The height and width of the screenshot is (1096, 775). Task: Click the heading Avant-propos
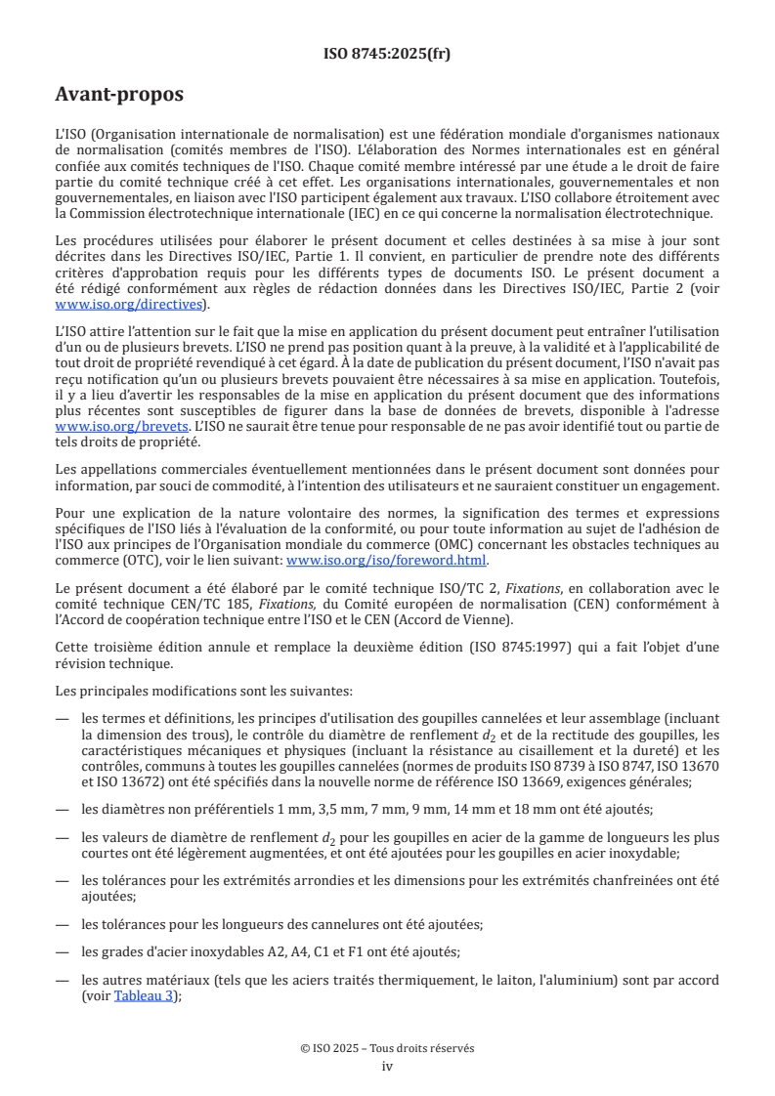coord(119,95)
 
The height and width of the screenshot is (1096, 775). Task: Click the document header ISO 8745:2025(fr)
coord(387,54)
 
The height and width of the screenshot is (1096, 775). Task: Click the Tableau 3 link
coord(147,997)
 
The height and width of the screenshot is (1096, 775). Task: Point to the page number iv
coord(387,1066)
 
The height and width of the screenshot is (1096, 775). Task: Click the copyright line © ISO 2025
coord(387,1048)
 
